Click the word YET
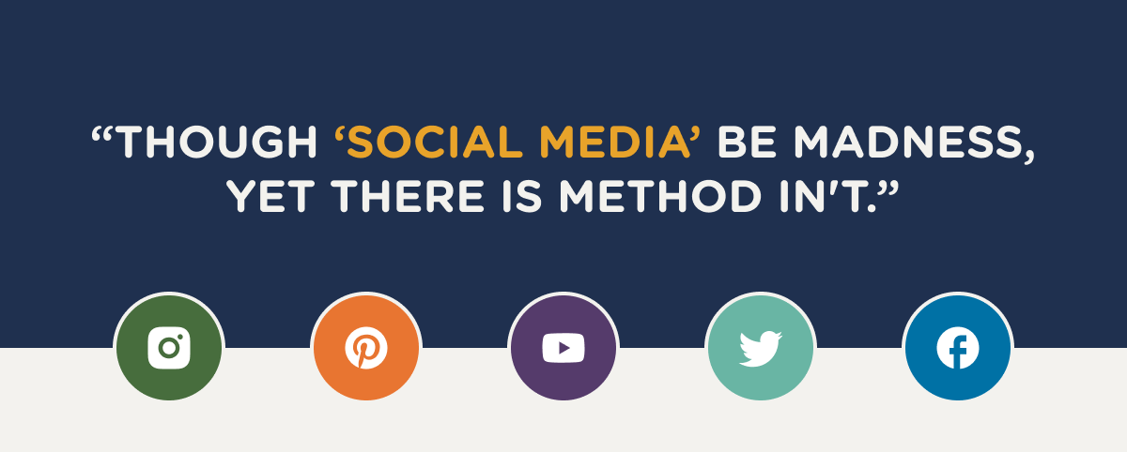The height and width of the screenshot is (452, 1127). click(270, 196)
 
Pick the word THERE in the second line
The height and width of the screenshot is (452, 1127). click(408, 196)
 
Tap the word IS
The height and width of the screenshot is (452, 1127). click(522, 196)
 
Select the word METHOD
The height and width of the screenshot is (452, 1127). click(660, 196)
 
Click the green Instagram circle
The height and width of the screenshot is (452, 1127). click(169, 348)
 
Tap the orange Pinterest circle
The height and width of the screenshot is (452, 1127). click(366, 348)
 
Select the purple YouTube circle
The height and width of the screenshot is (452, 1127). click(563, 348)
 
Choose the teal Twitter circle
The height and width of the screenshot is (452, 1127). click(761, 348)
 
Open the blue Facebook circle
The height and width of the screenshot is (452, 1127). click(958, 348)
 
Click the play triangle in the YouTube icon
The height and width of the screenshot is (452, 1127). click(564, 348)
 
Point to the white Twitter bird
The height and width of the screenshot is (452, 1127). click(760, 349)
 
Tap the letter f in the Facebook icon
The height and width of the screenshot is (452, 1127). click(959, 351)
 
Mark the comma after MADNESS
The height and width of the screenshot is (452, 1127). click(1029, 157)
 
